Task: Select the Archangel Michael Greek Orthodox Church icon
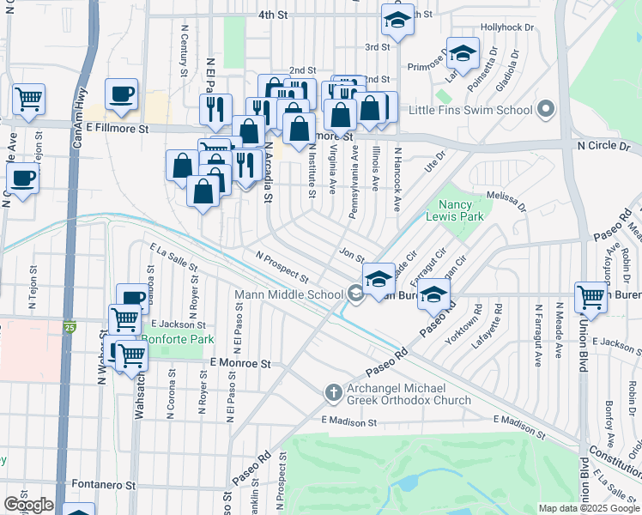coord(335,392)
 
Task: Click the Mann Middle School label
coord(289,295)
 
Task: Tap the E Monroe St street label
coord(240,364)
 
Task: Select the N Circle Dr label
coord(609,146)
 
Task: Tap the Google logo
coord(28,505)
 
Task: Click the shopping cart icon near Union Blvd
coord(591,298)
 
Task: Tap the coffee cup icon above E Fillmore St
coord(122,94)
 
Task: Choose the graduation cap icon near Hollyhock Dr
coord(463,56)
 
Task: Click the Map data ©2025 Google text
coord(588,508)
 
